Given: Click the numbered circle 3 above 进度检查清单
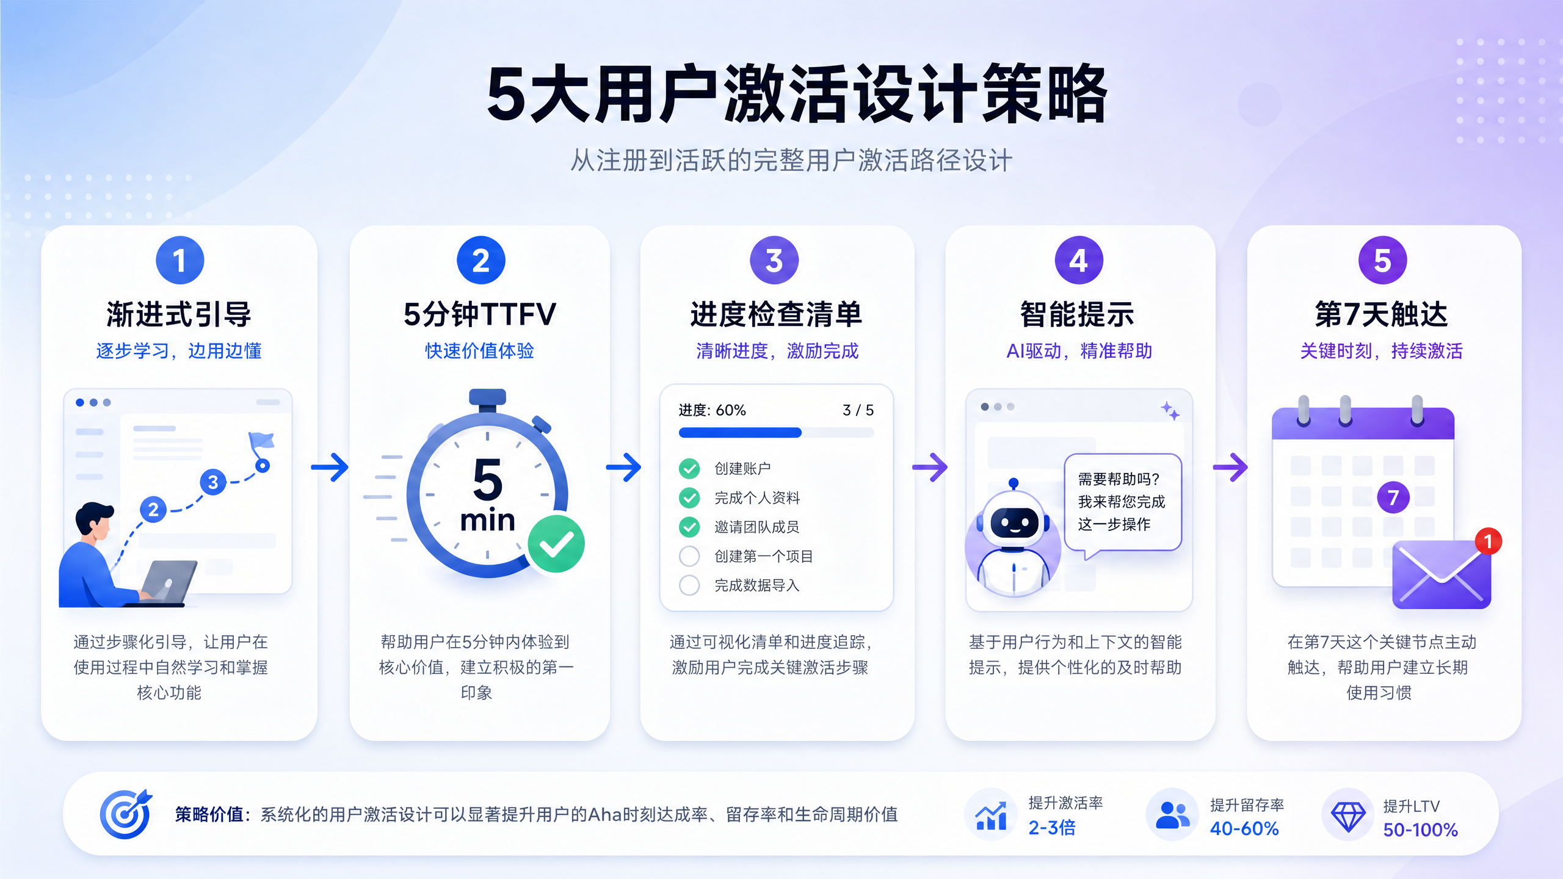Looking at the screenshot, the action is (x=774, y=261).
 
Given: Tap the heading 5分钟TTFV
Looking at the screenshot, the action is (x=480, y=314).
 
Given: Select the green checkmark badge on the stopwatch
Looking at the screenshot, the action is (x=556, y=544).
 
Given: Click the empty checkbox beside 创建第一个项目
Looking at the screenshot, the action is (x=689, y=556).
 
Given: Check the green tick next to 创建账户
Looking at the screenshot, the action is (x=689, y=468).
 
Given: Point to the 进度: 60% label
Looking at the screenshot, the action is (x=712, y=410).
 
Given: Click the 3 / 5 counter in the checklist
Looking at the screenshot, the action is (x=858, y=410).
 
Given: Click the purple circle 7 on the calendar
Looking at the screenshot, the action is (x=1393, y=497).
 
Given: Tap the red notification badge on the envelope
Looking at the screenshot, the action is (x=1488, y=541).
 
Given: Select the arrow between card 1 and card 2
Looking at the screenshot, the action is (x=330, y=467).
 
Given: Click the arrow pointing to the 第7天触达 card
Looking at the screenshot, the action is (x=1230, y=467).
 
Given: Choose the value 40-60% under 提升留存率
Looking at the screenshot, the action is (x=1244, y=828).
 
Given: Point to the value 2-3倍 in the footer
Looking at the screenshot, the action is (x=1052, y=828).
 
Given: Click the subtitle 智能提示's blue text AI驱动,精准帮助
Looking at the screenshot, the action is (x=1079, y=351).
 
